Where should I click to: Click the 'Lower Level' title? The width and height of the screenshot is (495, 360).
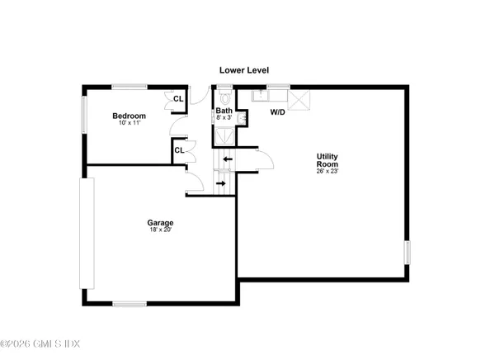[x=243, y=71]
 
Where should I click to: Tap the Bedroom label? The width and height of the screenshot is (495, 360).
[x=130, y=116]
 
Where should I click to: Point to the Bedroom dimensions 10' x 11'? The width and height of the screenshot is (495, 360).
[x=130, y=124]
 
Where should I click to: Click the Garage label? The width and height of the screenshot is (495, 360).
[x=160, y=222]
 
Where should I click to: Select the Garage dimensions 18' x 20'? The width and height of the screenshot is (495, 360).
[x=160, y=230]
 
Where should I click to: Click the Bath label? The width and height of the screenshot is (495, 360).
[x=224, y=110]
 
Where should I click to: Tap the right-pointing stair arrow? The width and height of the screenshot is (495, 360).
[x=221, y=182]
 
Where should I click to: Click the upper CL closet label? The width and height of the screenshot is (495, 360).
[x=177, y=99]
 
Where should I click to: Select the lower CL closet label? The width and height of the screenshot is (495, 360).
[x=177, y=150]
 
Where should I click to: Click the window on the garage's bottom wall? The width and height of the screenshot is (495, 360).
[x=129, y=305]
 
